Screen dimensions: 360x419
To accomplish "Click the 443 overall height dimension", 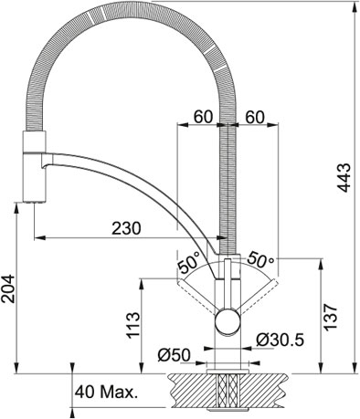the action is click(x=344, y=178).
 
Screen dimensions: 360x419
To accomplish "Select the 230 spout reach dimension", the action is click(x=126, y=228).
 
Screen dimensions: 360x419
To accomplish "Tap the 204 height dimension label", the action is click(x=8, y=288).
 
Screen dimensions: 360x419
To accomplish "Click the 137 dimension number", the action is click(x=330, y=317).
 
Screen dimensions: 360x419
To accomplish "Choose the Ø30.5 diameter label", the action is click(x=280, y=340).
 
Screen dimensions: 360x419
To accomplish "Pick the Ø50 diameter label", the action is click(x=174, y=355).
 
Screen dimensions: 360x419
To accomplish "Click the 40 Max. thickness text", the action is click(x=106, y=393).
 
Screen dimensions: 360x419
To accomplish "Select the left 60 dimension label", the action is click(x=203, y=117).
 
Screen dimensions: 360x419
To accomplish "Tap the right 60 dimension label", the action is click(x=255, y=117).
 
